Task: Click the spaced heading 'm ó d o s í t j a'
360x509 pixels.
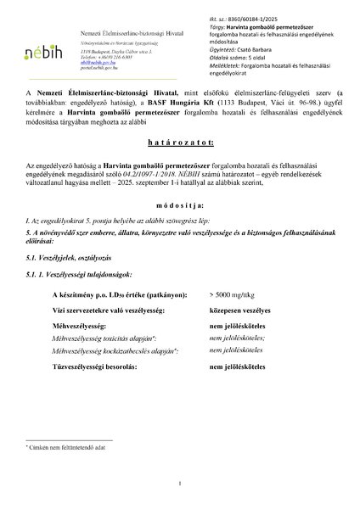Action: pos(180,205)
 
